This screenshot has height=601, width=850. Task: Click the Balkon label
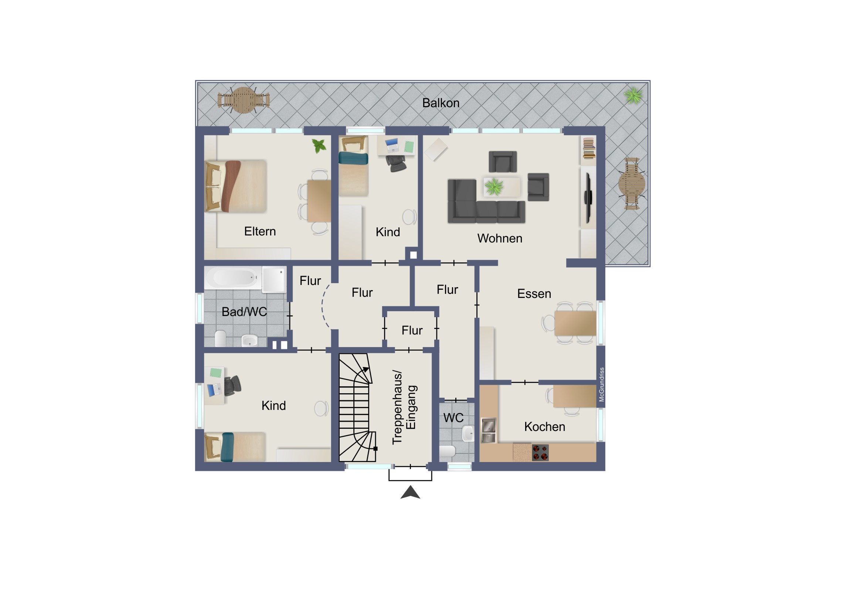tap(441, 103)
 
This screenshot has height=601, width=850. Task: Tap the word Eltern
tap(260, 231)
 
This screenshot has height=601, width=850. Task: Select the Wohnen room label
tap(500, 238)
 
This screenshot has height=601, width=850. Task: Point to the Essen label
tap(534, 293)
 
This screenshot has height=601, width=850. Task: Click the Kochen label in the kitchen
tap(545, 427)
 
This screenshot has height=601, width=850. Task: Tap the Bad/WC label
tap(244, 312)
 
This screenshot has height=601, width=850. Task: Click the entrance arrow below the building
tap(410, 492)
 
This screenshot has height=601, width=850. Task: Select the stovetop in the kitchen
tap(540, 452)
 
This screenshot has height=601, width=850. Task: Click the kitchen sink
tap(488, 430)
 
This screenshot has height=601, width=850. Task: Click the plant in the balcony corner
tap(633, 95)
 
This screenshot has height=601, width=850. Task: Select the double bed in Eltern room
tap(236, 186)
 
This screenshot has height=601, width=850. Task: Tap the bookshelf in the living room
tap(589, 148)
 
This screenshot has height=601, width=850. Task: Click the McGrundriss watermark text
tap(602, 384)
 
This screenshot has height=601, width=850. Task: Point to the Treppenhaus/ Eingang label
tap(404, 407)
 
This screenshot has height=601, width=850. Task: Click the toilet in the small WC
tap(447, 451)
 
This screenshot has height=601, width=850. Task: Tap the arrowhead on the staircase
tap(366, 370)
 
